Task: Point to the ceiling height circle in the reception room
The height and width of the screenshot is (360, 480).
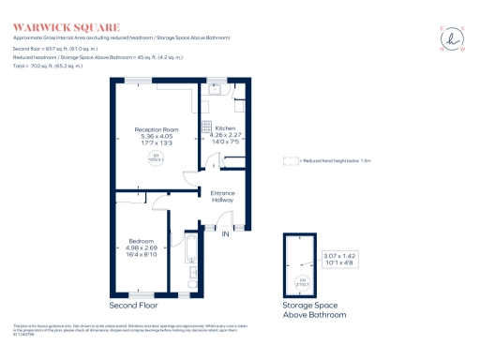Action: point(156,157)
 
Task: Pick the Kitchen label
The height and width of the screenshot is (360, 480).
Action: point(225,128)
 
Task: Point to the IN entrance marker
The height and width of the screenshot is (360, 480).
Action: point(225,234)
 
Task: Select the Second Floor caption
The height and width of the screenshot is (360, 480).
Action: point(133,306)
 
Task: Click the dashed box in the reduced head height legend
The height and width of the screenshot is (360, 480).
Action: point(291,160)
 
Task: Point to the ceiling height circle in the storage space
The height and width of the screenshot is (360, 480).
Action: point(303,281)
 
